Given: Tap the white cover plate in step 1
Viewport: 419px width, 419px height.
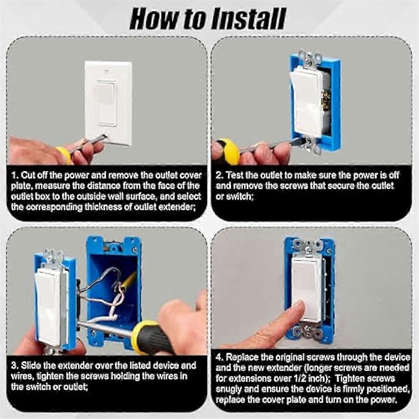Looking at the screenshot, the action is (109, 104).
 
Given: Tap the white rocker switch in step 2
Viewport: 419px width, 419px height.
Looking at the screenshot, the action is (306, 102).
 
